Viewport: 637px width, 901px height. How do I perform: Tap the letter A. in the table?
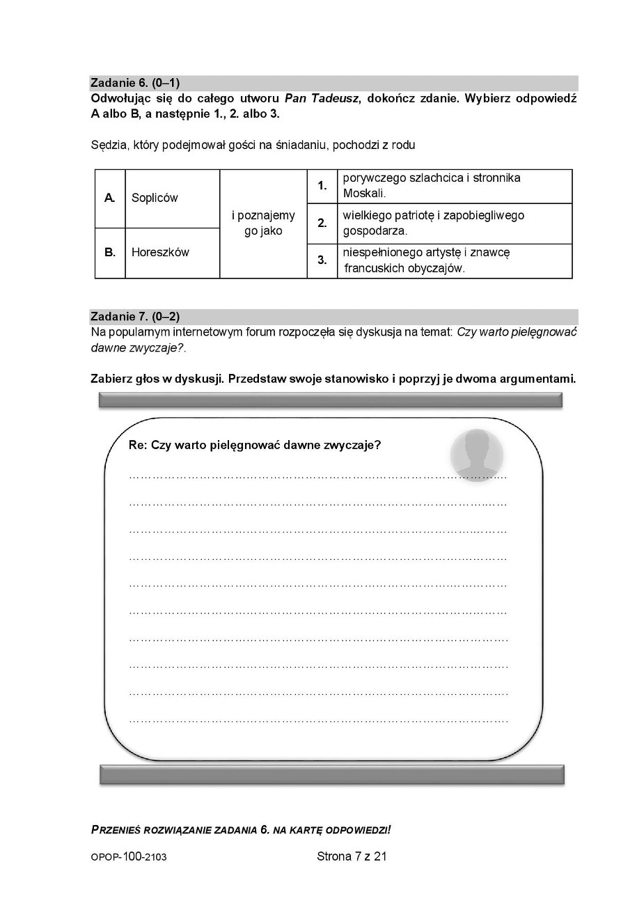(x=110, y=198)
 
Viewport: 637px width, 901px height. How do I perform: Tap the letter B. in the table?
(x=110, y=252)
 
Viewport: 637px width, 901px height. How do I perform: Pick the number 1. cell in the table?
(x=322, y=186)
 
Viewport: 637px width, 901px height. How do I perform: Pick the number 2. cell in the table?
(x=322, y=224)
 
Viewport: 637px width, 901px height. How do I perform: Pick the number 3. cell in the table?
(x=322, y=260)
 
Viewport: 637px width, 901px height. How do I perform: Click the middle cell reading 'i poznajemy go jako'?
(x=263, y=224)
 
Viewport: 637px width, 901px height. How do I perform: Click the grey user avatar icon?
(x=478, y=453)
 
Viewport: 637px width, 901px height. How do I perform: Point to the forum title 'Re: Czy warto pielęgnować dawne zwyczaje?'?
(x=255, y=446)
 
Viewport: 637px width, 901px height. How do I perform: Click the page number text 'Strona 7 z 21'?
(x=352, y=856)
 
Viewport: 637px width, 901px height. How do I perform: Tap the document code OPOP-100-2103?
(x=129, y=857)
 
